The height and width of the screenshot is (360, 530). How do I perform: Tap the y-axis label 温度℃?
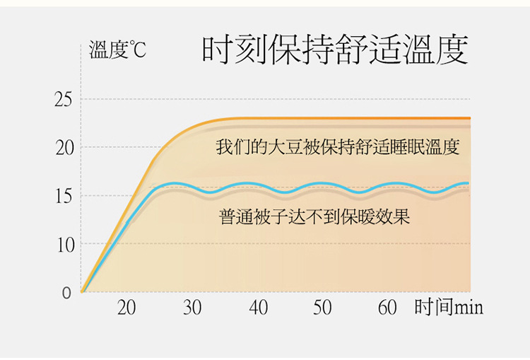pos(117,50)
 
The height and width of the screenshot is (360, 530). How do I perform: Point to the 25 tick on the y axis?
pos(63,100)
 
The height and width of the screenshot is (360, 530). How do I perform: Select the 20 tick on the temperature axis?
pos(63,148)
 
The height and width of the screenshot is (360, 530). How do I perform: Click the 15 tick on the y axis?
pos(63,196)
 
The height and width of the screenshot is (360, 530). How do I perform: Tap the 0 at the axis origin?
pos(66,292)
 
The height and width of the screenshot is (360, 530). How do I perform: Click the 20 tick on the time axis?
pos(126,308)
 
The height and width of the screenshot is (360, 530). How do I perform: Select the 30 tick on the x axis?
pos(192,308)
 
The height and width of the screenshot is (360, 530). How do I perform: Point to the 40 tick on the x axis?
pos(258,308)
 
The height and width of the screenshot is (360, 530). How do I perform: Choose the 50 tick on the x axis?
pos(322,308)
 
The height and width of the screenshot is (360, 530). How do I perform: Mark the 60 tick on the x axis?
pos(387,308)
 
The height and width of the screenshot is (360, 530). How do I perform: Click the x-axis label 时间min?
pos(449,308)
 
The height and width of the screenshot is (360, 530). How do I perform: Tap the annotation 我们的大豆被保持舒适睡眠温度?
pos(338,148)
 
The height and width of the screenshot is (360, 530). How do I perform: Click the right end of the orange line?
pos(469,118)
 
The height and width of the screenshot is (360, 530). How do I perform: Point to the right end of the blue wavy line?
pos(467,183)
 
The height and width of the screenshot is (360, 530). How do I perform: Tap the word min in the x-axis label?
pos(469,308)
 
